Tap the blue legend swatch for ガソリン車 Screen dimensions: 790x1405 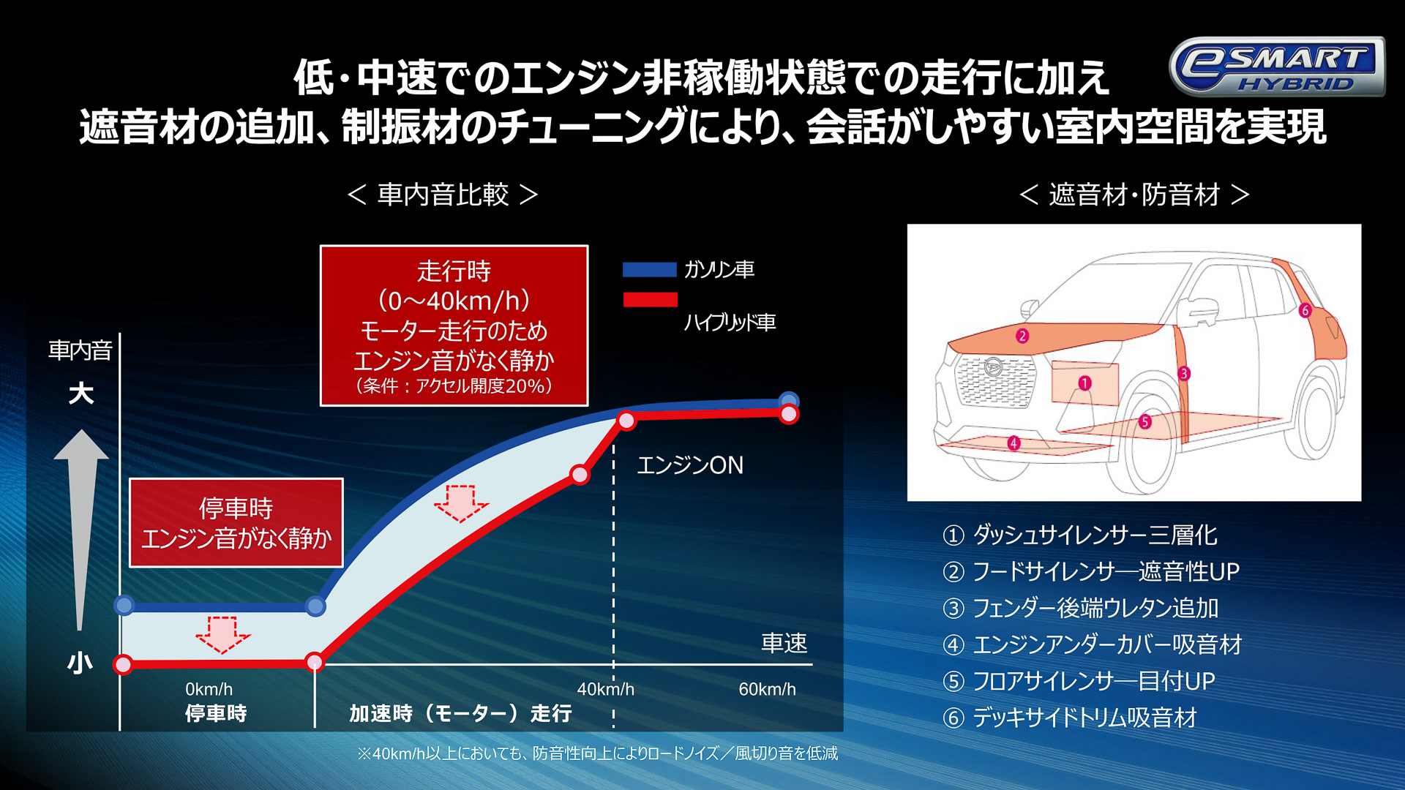click(649, 270)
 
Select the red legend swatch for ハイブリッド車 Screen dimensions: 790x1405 click(650, 300)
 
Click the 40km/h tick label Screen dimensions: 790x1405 click(605, 689)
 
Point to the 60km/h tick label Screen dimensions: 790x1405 click(767, 689)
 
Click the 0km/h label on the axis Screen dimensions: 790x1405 click(209, 689)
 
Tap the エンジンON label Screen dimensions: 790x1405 click(690, 465)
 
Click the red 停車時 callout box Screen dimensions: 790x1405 click(236, 523)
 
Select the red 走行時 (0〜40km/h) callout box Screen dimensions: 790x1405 click(454, 326)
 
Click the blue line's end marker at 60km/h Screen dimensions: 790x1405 click(789, 400)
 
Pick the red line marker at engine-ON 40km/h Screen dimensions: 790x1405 click(626, 420)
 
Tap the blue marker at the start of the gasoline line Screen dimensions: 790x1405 click(124, 606)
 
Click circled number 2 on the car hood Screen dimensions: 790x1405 click(1022, 336)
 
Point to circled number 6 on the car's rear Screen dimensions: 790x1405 click(1305, 310)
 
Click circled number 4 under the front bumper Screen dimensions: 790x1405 click(1014, 443)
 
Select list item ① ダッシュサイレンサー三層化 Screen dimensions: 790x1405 click(1080, 535)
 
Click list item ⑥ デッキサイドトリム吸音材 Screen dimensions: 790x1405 click(1070, 718)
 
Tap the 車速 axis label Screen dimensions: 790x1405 click(784, 643)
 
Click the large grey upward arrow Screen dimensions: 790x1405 click(81, 527)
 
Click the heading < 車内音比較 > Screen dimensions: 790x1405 click(443, 195)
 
